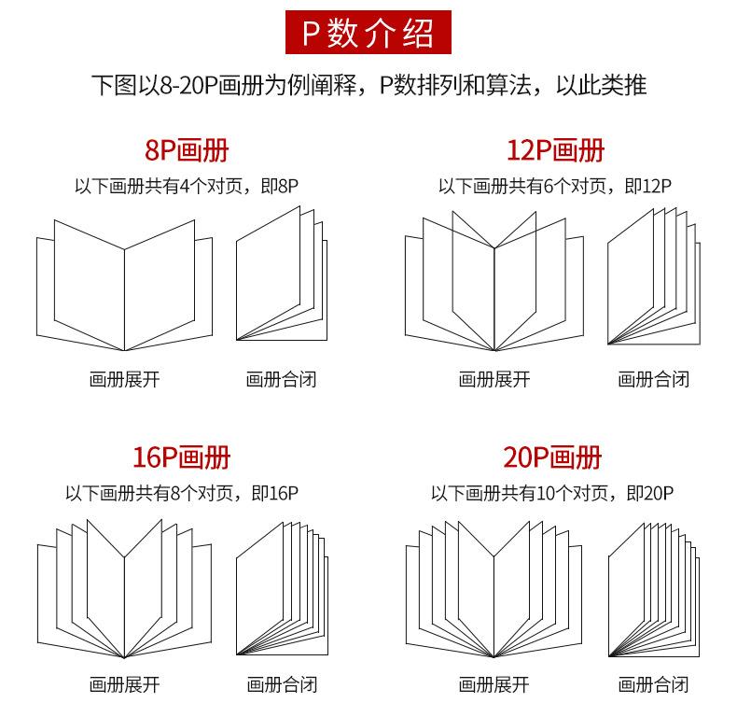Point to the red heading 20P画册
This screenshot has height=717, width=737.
552,457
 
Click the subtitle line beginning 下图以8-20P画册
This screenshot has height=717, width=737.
368,86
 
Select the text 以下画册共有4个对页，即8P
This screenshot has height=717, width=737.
187,186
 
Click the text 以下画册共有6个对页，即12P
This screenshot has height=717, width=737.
555,186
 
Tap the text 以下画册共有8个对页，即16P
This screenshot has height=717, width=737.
182,493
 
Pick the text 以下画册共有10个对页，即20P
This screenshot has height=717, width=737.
552,493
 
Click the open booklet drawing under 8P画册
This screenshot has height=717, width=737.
124,285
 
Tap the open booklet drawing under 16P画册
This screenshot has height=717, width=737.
124,588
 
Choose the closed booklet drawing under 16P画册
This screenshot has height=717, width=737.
282,588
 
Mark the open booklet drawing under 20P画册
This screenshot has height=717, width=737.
494,588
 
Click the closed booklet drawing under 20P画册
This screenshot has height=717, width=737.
652,588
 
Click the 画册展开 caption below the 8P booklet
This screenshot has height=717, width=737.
124,379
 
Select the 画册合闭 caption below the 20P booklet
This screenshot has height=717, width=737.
653,685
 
